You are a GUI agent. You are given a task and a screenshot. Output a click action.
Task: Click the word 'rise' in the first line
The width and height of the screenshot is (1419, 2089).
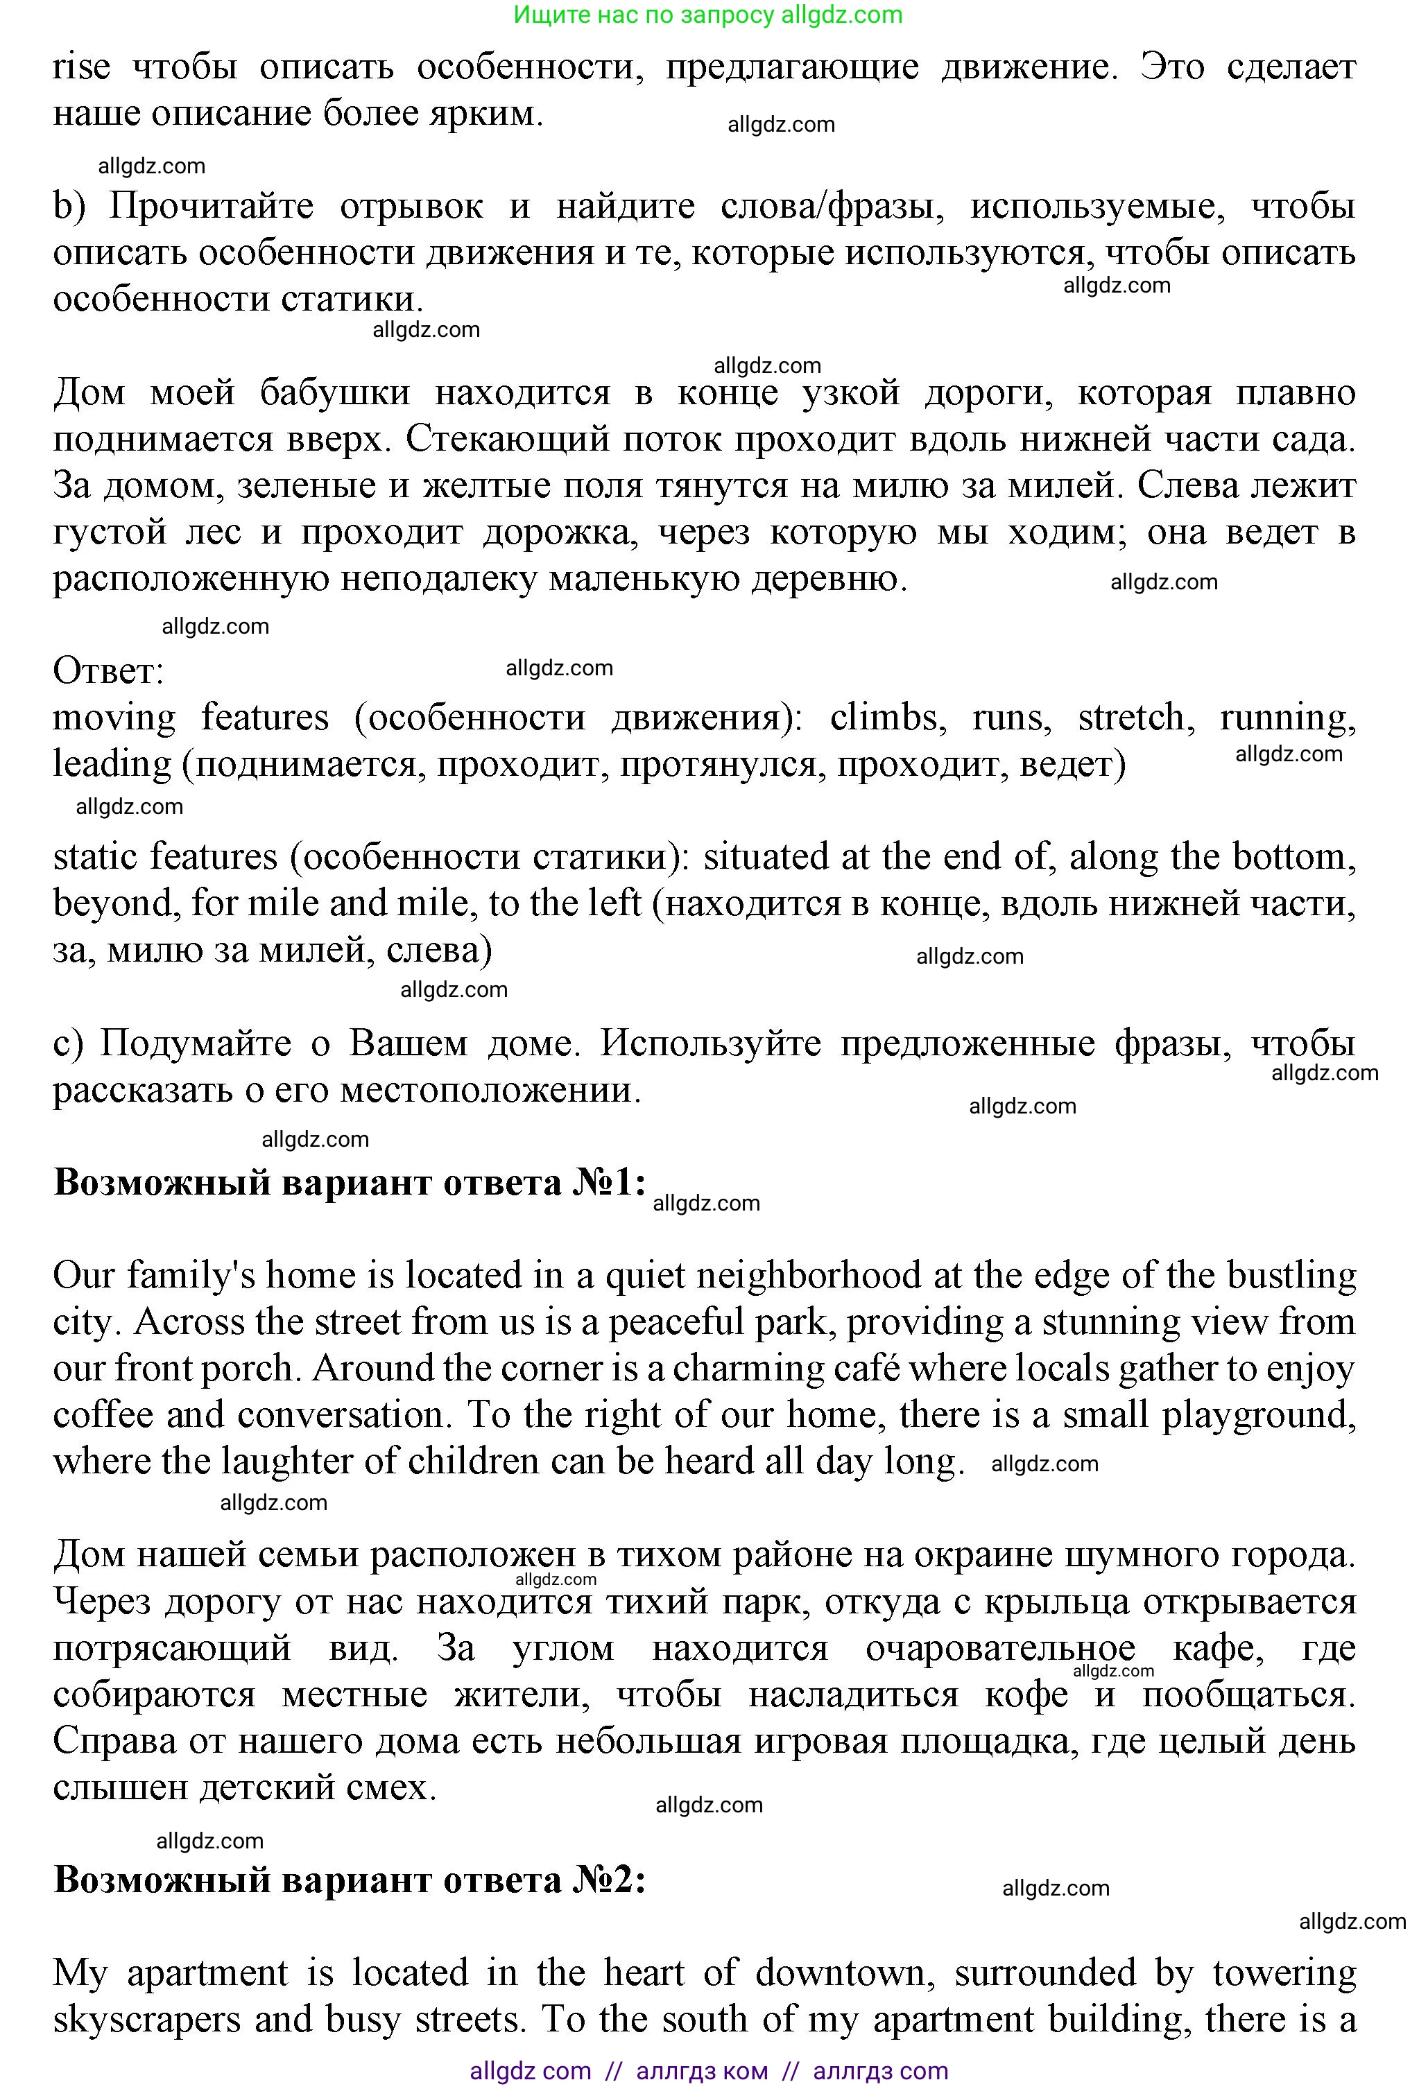click(x=81, y=67)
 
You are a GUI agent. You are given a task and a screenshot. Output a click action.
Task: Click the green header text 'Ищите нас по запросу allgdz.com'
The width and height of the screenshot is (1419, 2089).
click(x=709, y=15)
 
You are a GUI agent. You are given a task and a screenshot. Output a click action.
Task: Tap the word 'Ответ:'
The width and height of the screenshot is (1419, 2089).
click(x=108, y=670)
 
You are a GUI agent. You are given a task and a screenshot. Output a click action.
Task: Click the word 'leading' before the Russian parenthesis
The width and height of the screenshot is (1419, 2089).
click(x=112, y=764)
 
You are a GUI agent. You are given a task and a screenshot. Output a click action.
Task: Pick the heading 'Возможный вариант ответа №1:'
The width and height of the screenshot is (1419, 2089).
click(x=350, y=1183)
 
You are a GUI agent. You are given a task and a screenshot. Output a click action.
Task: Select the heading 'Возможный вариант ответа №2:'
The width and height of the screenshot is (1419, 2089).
click(x=350, y=1880)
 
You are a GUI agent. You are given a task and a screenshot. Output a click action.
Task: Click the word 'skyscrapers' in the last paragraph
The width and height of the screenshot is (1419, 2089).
click(x=148, y=2020)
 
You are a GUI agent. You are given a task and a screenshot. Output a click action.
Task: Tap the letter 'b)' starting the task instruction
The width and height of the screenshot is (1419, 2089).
click(x=69, y=207)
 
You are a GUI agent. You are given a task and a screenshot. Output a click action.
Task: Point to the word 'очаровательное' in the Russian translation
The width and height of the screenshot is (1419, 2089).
click(x=1000, y=1649)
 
